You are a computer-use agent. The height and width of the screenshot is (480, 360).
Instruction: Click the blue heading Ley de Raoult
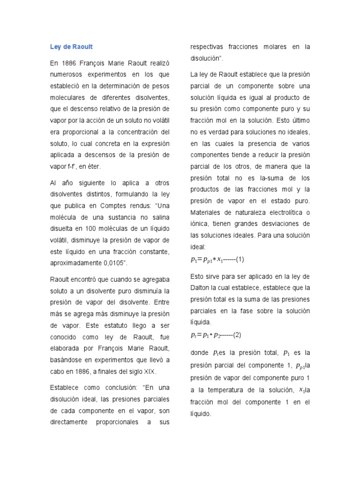[71, 47]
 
